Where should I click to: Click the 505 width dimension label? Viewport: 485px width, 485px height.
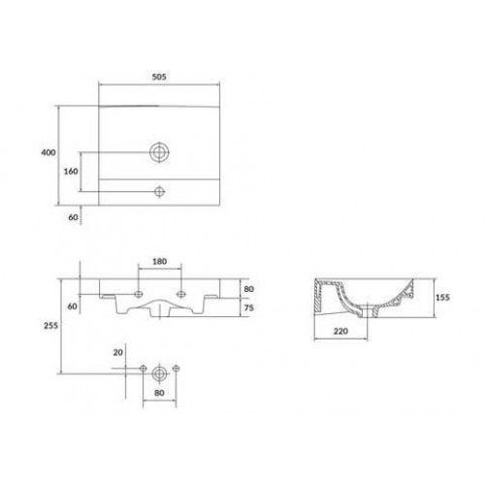point(159,77)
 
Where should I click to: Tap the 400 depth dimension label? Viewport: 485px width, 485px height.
point(48,152)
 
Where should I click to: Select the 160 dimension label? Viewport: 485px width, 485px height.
point(71,171)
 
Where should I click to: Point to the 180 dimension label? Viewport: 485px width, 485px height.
point(159,261)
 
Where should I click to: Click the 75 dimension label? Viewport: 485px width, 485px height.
point(249,307)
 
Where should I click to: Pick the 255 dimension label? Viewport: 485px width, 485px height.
point(50,325)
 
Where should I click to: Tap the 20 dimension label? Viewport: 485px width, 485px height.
point(118,352)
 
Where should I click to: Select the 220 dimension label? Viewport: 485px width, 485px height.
point(340,331)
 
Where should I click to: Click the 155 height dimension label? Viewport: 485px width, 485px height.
point(442,297)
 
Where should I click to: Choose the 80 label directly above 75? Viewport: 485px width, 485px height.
point(249,289)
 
